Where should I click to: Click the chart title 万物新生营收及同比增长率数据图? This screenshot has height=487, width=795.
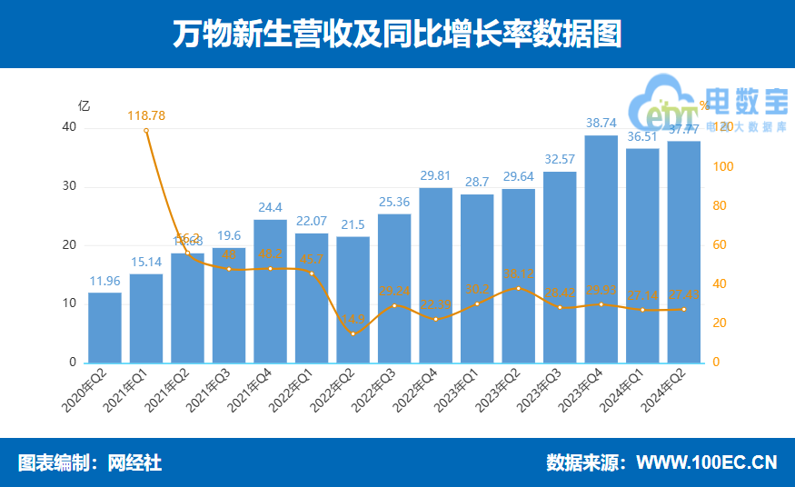[x=397, y=34]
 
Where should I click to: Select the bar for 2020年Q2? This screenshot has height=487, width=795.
[x=104, y=327]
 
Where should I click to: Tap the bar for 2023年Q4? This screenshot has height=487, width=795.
[x=601, y=249]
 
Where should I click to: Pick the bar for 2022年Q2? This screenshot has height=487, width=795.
[x=353, y=300]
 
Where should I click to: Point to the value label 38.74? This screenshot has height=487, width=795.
[x=601, y=123]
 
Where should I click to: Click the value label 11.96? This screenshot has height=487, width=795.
[x=104, y=280]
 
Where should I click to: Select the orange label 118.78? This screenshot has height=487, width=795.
[x=146, y=115]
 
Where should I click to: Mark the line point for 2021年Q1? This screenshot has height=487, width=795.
[x=146, y=131]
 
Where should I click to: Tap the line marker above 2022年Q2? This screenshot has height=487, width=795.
[x=353, y=333]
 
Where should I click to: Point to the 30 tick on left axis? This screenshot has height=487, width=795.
[x=69, y=187]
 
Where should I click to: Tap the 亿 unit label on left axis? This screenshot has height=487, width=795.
[x=84, y=105]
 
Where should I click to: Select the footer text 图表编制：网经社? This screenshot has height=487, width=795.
[x=90, y=462]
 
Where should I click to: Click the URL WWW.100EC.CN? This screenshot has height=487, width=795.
[x=706, y=462]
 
